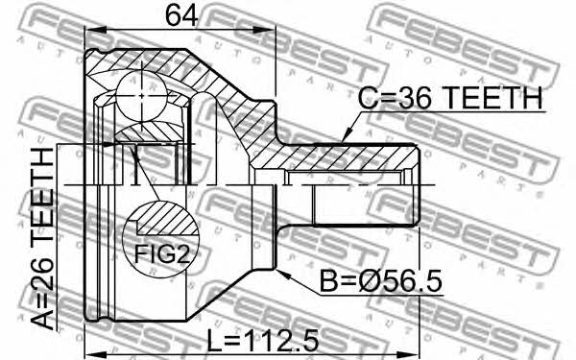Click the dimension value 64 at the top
point(181,16)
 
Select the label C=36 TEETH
point(450,98)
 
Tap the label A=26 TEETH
point(43,238)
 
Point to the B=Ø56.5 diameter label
point(381,281)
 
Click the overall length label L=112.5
point(263,340)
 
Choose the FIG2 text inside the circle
point(161,253)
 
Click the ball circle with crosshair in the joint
point(142,95)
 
